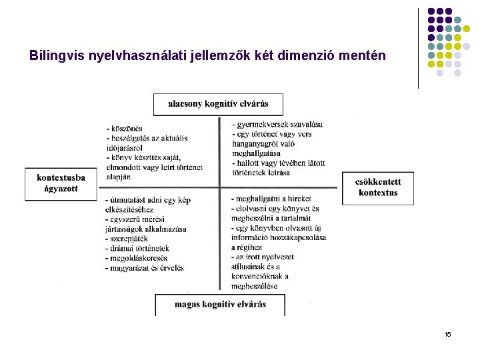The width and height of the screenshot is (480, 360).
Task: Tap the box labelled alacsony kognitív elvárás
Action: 218,104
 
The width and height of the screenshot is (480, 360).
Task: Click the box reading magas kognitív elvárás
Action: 220,305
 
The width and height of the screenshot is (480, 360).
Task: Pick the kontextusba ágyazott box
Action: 61,183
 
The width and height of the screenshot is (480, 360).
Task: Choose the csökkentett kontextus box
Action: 377,188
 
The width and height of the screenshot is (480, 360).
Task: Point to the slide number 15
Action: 447,334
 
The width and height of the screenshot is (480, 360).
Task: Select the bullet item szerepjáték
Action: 128,239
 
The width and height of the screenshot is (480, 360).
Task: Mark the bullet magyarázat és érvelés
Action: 145,268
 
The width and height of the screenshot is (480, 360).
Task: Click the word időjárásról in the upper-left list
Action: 125,147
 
